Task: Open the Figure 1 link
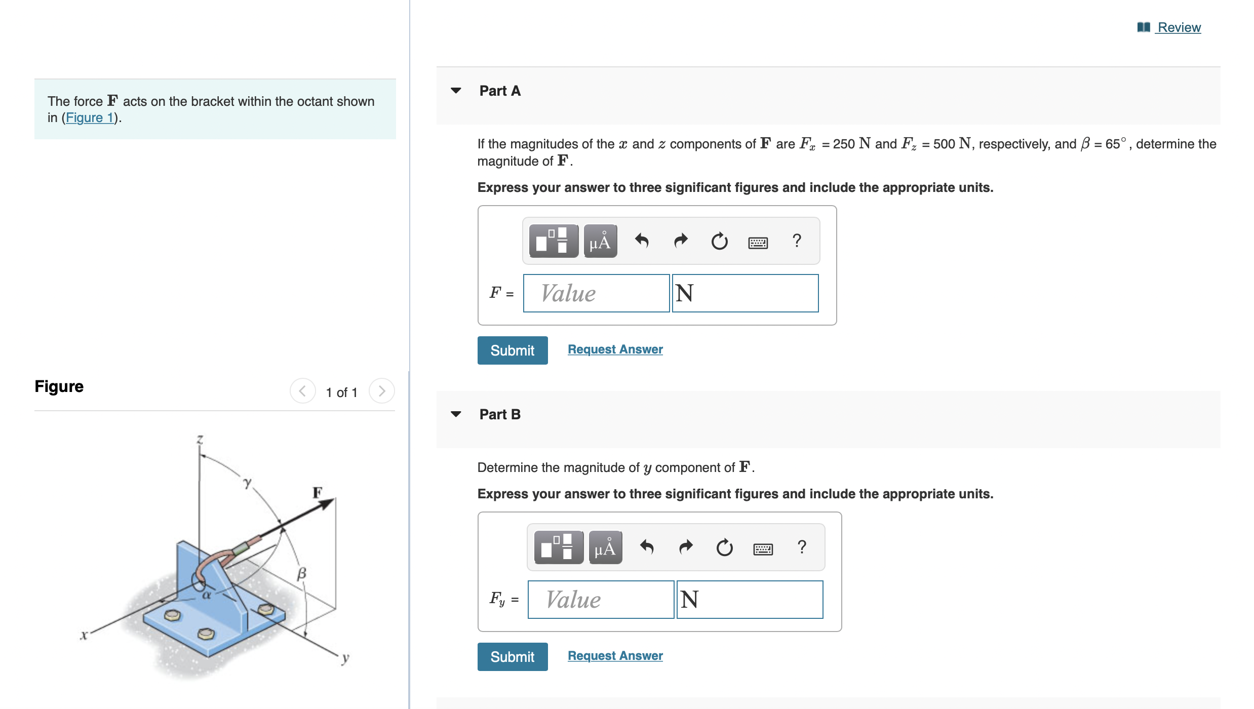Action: point(90,117)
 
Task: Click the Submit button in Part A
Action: point(512,350)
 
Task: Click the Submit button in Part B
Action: point(512,656)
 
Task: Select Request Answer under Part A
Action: point(615,349)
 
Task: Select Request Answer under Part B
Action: point(615,656)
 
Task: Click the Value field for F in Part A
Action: point(596,293)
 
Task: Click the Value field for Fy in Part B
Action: point(600,600)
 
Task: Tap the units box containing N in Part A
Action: point(744,293)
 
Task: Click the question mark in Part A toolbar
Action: point(797,241)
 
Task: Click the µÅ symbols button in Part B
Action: point(605,547)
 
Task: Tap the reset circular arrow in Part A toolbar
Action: point(719,241)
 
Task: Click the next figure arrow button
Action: point(382,391)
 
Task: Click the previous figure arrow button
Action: point(302,391)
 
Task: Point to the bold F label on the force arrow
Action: point(318,492)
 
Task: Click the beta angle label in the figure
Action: point(302,573)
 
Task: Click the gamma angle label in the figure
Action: point(247,482)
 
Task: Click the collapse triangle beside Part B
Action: point(456,414)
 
